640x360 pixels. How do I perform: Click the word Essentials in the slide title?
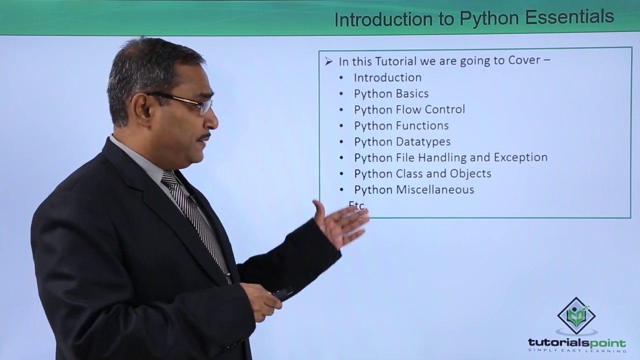[569, 17]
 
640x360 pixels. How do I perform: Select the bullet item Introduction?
[387, 77]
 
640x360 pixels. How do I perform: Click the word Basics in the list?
[412, 93]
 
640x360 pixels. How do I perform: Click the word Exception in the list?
[520, 157]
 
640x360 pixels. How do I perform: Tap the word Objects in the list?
[471, 173]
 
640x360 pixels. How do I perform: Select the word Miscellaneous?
[435, 189]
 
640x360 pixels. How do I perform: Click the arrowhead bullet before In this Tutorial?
[328, 61]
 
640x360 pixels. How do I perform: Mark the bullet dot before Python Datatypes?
[341, 142]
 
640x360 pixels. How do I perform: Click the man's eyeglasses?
[190, 102]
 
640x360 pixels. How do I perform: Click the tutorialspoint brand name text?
[576, 343]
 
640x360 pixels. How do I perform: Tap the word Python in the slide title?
[490, 18]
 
